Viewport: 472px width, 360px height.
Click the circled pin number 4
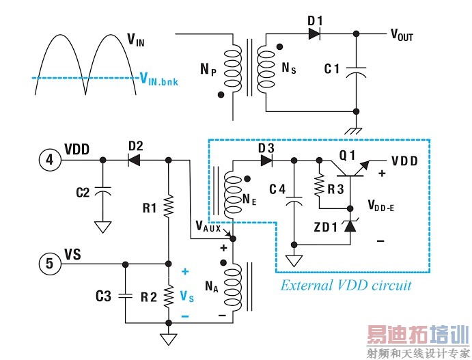tap(48, 160)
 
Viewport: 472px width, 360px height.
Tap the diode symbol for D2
tap(135, 160)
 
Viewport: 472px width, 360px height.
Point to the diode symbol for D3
tap(266, 161)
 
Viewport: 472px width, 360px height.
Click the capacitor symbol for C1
tap(355, 70)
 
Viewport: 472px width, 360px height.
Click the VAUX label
tap(208, 227)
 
